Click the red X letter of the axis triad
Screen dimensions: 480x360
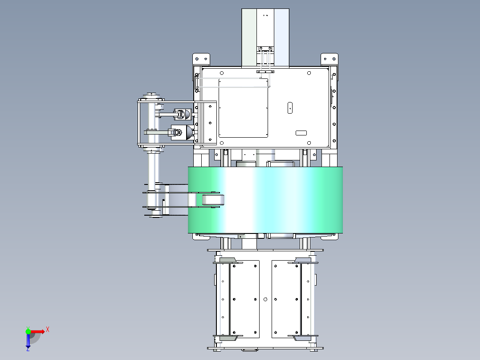(48, 330)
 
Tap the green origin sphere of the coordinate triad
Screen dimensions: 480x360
(28, 331)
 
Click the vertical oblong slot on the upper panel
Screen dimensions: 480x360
(290, 108)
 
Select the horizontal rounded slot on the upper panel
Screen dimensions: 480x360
(301, 133)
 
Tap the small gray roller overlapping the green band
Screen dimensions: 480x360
(213, 200)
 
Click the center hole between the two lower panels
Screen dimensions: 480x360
(265, 299)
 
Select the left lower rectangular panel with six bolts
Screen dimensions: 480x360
(244, 299)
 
